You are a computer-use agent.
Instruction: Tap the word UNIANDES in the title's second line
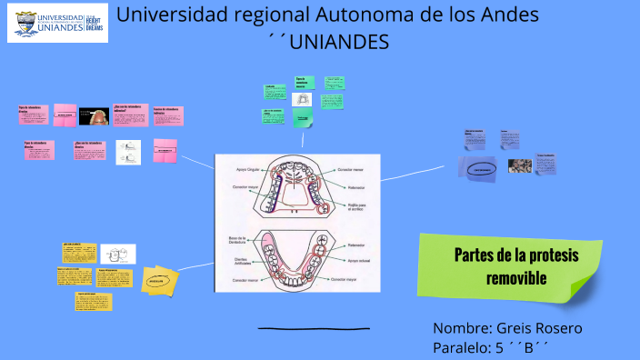click(345, 43)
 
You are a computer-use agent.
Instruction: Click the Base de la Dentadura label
click(238, 241)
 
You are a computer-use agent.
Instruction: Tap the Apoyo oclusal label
click(360, 261)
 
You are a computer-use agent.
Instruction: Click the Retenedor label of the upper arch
click(356, 187)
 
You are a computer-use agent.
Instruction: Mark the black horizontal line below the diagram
click(314, 328)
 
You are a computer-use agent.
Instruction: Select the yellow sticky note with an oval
click(162, 281)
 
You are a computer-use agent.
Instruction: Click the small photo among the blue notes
click(520, 165)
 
